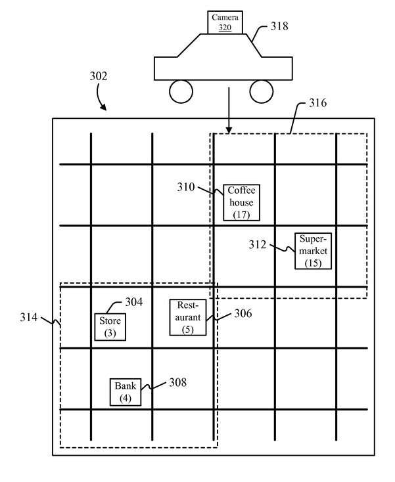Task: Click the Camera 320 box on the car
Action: tap(225, 22)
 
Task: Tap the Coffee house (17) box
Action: tap(241, 202)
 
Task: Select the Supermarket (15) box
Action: tap(313, 251)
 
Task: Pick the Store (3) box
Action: tap(110, 327)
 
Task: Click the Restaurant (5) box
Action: tap(188, 317)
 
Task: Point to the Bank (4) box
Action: tap(126, 392)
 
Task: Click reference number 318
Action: tap(279, 26)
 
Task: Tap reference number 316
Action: tap(318, 102)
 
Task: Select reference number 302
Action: tap(99, 76)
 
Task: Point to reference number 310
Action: tap(186, 187)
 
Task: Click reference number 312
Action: tap(258, 244)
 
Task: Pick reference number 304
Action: tap(134, 302)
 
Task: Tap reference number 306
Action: tap(243, 313)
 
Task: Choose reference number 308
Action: tap(178, 382)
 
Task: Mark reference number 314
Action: tap(29, 317)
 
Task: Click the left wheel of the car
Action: tap(181, 91)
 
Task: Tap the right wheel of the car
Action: tap(262, 91)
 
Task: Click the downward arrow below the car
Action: tap(229, 111)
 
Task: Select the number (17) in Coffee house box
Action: tap(241, 215)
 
